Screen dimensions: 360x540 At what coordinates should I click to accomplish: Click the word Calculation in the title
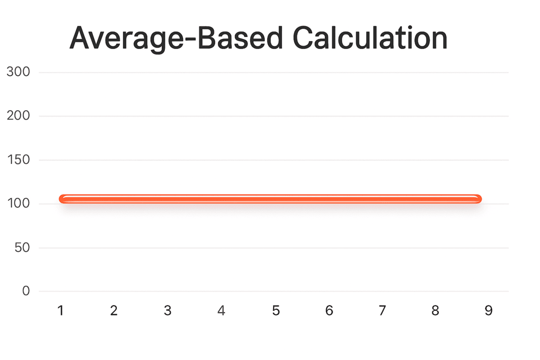[370, 38]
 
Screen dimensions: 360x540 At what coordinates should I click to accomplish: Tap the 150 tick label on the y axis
[19, 160]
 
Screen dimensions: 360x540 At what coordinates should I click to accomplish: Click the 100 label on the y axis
[19, 203]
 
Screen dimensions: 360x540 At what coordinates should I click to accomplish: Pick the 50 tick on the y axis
[22, 247]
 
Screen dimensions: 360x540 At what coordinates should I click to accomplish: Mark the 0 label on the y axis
[26, 291]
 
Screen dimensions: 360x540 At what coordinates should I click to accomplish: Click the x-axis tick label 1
[60, 310]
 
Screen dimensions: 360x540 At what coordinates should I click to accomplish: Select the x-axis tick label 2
[114, 310]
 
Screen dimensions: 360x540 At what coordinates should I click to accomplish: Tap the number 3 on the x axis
[167, 310]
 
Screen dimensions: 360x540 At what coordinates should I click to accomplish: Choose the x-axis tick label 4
[221, 310]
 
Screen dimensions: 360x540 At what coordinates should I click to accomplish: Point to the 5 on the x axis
[276, 310]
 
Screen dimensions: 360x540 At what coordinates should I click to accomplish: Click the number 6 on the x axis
[329, 310]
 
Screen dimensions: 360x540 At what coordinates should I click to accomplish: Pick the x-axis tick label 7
[382, 310]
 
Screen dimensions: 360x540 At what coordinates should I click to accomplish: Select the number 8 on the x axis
[435, 310]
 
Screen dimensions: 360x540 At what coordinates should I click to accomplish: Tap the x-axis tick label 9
[488, 310]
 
